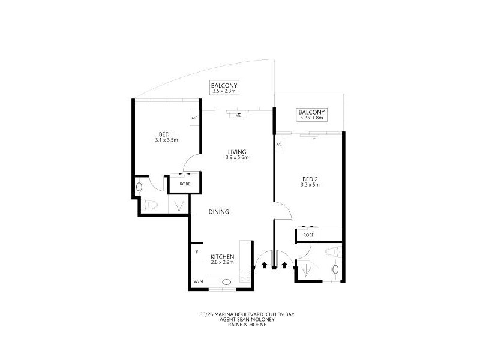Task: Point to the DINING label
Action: click(218, 212)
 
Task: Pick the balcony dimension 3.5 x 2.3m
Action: click(224, 92)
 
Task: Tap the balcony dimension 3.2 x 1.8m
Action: click(311, 118)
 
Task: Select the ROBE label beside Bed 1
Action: click(184, 184)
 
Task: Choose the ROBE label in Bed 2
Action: click(308, 235)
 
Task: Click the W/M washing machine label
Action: click(197, 282)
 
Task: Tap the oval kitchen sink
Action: click(227, 282)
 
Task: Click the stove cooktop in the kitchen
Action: click(245, 275)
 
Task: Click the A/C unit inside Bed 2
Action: click(279, 145)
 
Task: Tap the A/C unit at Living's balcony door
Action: click(238, 115)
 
